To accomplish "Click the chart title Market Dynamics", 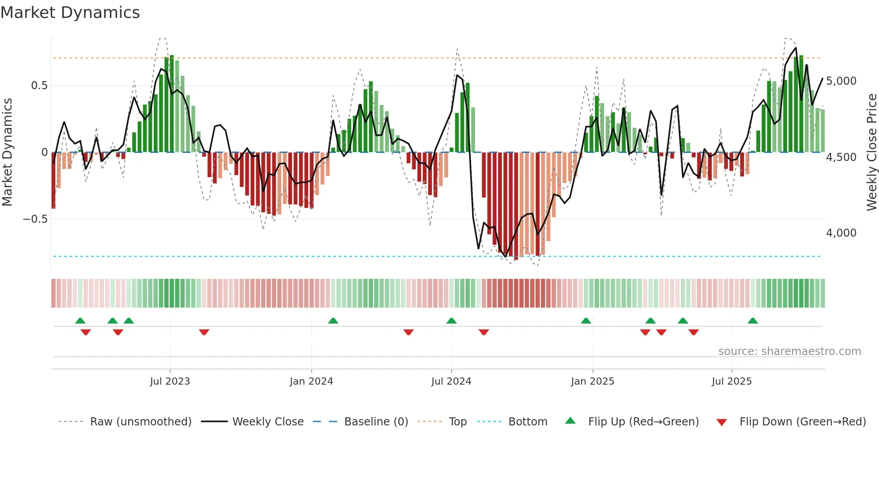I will pyautogui.click(x=70, y=13).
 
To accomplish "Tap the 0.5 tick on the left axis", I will pyautogui.click(x=39, y=86).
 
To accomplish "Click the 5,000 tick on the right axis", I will pyautogui.click(x=841, y=81).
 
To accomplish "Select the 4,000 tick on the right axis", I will pyautogui.click(x=841, y=233).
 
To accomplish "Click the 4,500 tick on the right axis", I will pyautogui.click(x=841, y=157).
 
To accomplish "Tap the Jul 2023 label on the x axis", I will pyautogui.click(x=170, y=381).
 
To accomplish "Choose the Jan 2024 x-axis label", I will pyautogui.click(x=311, y=381).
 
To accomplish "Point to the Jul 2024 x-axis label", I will pyautogui.click(x=451, y=381).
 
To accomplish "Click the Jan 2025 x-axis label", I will pyautogui.click(x=592, y=381).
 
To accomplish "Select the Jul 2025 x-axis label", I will pyautogui.click(x=731, y=381).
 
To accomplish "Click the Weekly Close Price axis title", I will pyautogui.click(x=871, y=152).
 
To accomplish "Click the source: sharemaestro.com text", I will pyautogui.click(x=789, y=351).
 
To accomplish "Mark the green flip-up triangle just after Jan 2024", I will pyautogui.click(x=333, y=321).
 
